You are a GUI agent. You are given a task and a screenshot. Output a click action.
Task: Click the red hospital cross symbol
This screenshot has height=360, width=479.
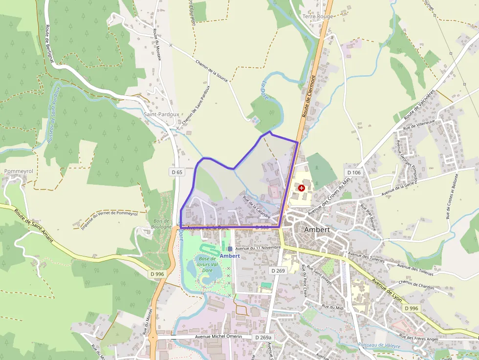click(302, 188)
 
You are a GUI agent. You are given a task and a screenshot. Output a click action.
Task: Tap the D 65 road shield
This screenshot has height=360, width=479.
click(177, 172)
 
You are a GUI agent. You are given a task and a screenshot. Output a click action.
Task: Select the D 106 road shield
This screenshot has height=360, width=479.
click(353, 172)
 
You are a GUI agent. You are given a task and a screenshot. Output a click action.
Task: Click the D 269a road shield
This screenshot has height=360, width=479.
click(263, 338)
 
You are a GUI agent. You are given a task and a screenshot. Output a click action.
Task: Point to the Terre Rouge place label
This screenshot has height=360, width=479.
click(318, 17)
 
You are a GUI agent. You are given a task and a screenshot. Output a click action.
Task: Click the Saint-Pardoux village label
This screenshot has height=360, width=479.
click(161, 114)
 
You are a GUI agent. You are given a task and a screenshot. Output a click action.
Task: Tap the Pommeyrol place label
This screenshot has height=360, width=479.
click(19, 171)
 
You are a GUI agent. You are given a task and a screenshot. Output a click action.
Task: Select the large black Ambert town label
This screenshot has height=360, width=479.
click(317, 230)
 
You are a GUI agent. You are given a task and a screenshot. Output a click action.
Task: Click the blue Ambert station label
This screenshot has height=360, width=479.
click(230, 256)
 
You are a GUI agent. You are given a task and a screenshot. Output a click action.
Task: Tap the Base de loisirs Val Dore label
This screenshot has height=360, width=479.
click(207, 265)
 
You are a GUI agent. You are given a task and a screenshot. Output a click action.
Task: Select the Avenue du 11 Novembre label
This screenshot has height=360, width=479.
click(258, 248)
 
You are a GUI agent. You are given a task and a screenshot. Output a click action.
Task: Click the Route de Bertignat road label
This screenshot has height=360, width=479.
click(49, 44)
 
